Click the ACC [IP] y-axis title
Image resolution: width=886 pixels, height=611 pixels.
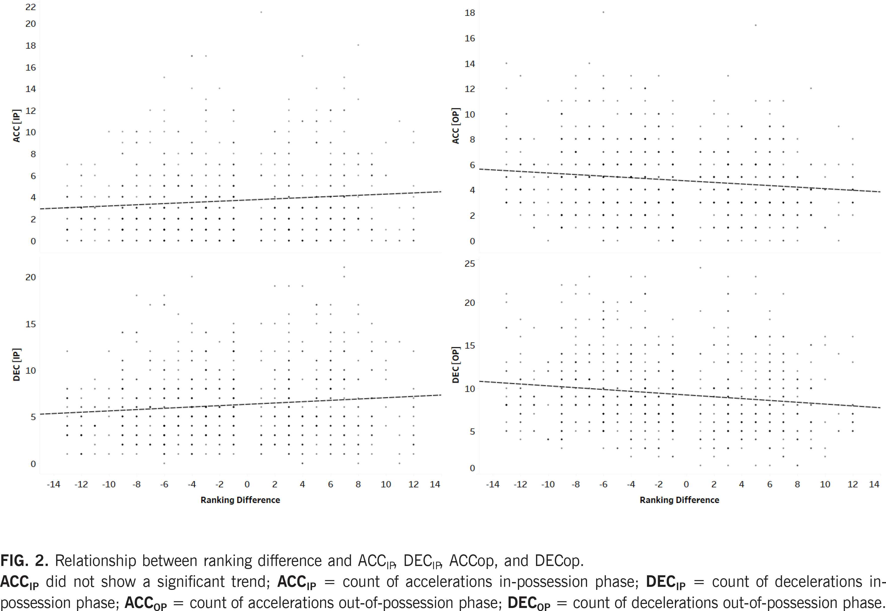click(16, 126)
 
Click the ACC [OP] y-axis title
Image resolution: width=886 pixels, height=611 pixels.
click(455, 126)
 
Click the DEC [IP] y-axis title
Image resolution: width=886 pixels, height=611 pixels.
click(16, 365)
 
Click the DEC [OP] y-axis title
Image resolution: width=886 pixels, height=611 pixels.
click(455, 365)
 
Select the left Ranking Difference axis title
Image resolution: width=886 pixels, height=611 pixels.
click(240, 500)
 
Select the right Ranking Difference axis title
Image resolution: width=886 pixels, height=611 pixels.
click(679, 500)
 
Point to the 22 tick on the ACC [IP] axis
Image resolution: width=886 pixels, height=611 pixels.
click(31, 7)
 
